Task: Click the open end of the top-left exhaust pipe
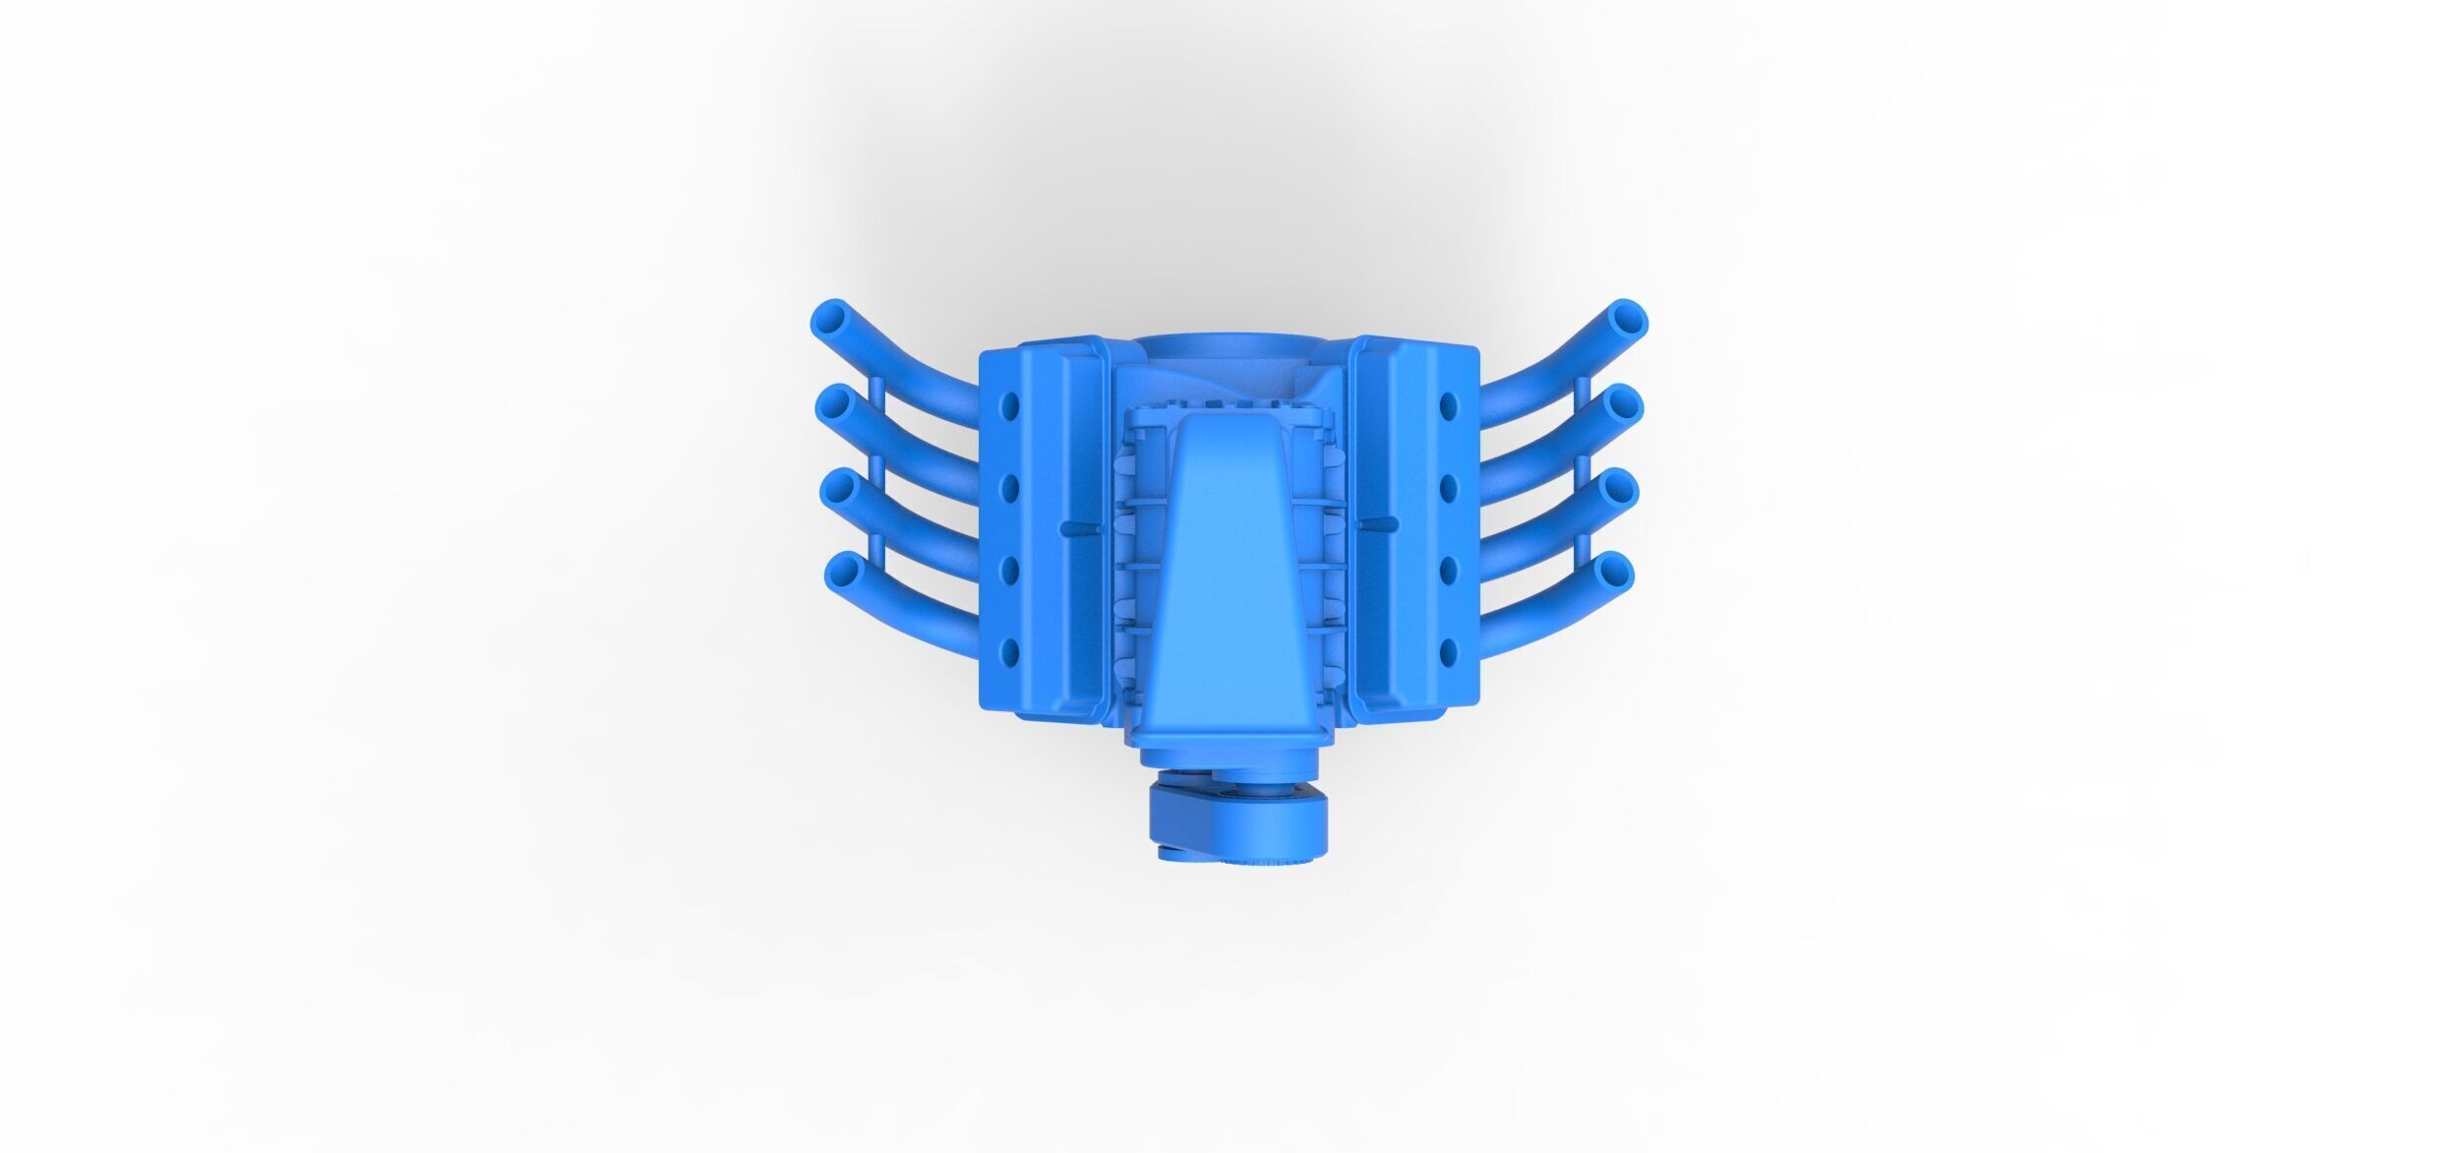[833, 320]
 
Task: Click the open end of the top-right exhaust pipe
[1627, 320]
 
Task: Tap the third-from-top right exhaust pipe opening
[1617, 487]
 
